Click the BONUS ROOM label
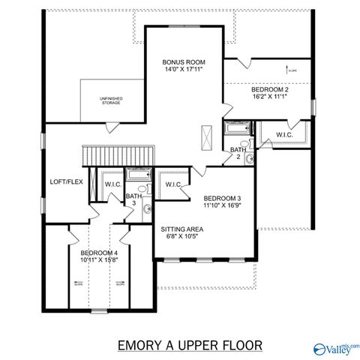coord(184,61)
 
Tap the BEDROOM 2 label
coord(269,88)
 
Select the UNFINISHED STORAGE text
coord(111,100)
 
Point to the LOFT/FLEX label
coord(65,181)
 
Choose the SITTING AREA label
coord(181,229)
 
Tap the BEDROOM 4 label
coord(99,253)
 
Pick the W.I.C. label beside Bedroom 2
coord(284,135)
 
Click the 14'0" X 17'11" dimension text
coord(184,69)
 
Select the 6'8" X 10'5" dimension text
coord(181,236)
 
